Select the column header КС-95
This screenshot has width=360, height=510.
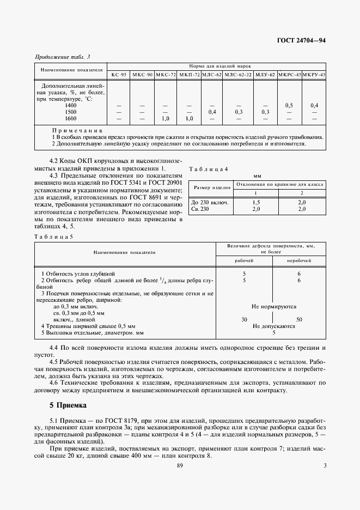pos(119,74)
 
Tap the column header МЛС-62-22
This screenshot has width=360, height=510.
pos(239,74)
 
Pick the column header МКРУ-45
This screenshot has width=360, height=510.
pos(314,74)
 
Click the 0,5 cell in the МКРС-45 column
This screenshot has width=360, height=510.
pos(290,105)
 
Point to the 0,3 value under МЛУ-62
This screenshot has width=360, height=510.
pos(265,112)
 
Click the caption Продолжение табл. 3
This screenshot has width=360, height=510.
pos(62,57)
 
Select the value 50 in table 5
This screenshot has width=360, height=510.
pos(299,319)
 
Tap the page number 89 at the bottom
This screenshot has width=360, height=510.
pos(180,465)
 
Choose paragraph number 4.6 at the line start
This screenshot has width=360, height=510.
pos(54,384)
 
